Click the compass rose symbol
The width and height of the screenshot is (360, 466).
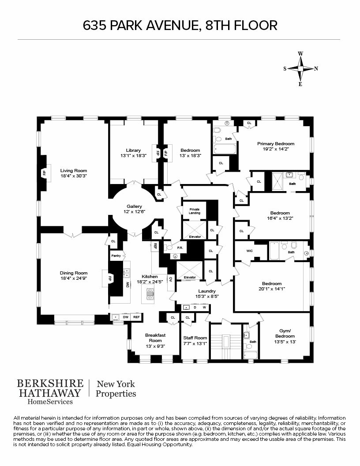(300, 68)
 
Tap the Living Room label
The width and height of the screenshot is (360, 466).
(74, 170)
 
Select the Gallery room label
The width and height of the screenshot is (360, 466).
(135, 206)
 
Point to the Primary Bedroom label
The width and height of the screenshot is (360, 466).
(276, 143)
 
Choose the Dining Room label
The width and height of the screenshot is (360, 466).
(74, 273)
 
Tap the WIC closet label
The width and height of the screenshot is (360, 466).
(250, 251)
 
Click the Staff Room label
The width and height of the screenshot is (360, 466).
(195, 338)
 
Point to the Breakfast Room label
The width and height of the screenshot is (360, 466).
(155, 338)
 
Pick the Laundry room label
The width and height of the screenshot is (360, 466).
(206, 291)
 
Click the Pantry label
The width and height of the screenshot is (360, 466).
(116, 256)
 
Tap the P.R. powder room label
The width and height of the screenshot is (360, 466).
(180, 248)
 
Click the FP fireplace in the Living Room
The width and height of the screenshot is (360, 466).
(44, 173)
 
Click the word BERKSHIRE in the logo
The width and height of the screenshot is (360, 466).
(49, 383)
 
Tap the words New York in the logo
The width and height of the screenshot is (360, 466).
(116, 384)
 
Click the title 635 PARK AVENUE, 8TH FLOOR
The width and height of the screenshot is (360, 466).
(180, 25)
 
